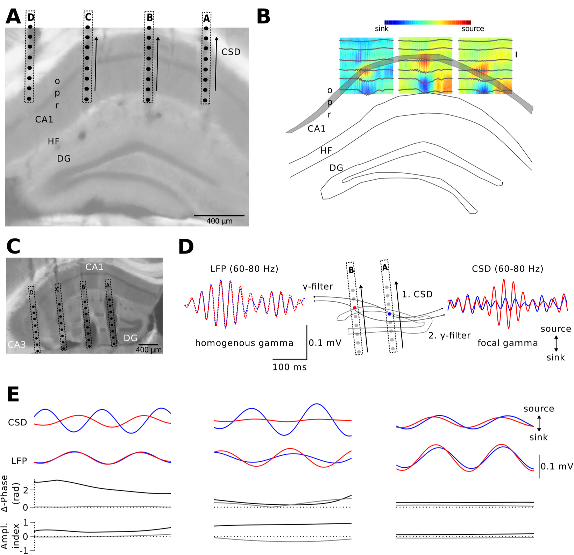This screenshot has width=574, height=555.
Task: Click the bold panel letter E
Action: pos(13,394)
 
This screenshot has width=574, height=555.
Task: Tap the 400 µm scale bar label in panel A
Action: pos(219,221)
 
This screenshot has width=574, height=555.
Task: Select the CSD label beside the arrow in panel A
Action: pos(231,52)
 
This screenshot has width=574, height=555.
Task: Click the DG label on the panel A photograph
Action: pos(64,159)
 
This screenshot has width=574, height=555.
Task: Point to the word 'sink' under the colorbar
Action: pos(382,29)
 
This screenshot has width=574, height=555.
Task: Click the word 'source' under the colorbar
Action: pos(473,29)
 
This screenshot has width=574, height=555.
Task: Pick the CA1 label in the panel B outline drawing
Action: pos(317,129)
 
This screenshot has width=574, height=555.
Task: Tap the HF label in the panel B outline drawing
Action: pos(326,151)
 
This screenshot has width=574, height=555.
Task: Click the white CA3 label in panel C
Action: pos(17,345)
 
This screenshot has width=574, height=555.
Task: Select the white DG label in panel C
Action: pos(130,338)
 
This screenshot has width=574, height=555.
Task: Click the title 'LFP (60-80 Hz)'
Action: pos(244,269)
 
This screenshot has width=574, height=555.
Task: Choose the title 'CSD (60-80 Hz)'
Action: pos(508,269)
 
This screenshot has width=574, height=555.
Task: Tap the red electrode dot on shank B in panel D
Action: pos(355,308)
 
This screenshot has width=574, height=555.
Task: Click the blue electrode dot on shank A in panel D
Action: pos(389,314)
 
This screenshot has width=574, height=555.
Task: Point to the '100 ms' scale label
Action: pos(290,367)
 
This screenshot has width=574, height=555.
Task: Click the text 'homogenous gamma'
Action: pos(244,343)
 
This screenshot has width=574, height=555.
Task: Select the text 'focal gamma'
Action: pos(508,343)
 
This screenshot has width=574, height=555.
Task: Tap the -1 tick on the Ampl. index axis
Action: pos(24,550)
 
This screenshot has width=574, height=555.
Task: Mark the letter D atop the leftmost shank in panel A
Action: pos(31,17)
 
